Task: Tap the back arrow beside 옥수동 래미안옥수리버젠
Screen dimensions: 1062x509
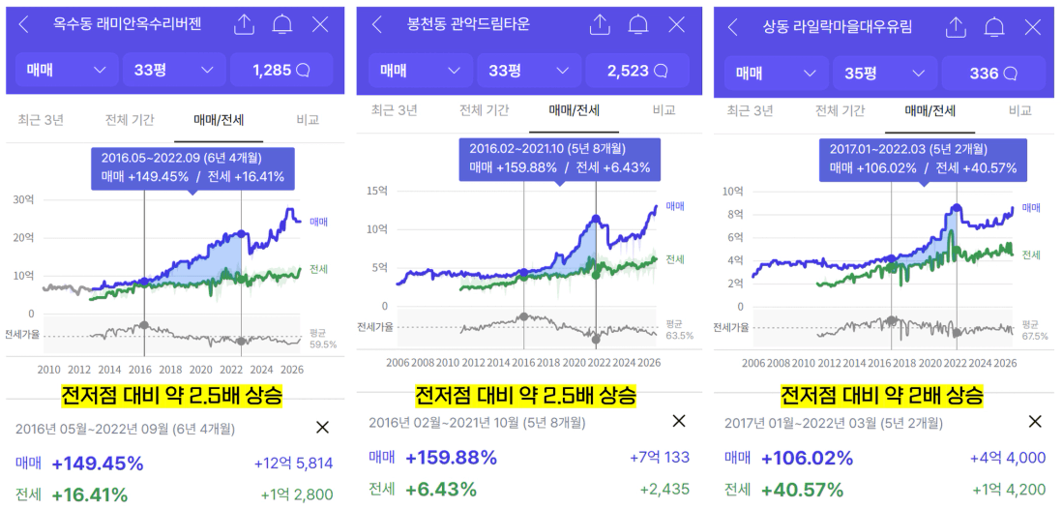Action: pyautogui.click(x=24, y=25)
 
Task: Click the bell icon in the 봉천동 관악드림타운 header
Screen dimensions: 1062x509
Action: pyautogui.click(x=637, y=25)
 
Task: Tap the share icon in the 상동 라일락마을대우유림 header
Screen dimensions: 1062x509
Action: pyautogui.click(x=955, y=27)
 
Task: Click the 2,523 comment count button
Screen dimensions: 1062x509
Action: pyautogui.click(x=636, y=71)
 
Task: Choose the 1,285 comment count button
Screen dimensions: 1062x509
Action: pyautogui.click(x=281, y=70)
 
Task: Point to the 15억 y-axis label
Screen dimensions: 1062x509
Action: pyautogui.click(x=377, y=191)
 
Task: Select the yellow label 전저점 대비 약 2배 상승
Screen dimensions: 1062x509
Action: pyautogui.click(x=882, y=394)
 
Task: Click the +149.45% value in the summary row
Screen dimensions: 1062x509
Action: pyautogui.click(x=98, y=464)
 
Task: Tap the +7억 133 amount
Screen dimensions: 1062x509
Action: pyautogui.click(x=660, y=458)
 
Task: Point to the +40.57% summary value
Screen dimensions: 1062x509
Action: pyautogui.click(x=803, y=490)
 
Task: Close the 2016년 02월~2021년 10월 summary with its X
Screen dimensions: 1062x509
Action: pyautogui.click(x=679, y=421)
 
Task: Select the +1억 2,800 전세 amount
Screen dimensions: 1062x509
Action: pyautogui.click(x=297, y=495)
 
